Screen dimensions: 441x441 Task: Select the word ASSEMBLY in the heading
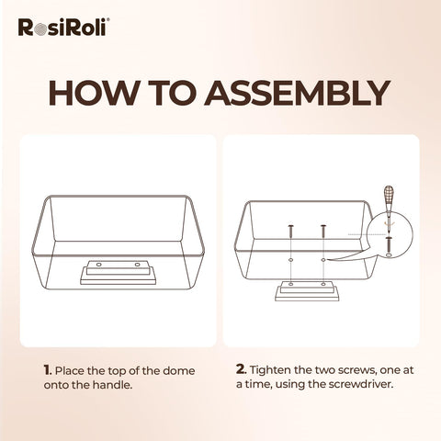pyautogui.click(x=300, y=95)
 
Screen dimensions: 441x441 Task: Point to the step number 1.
pyautogui.click(x=46, y=369)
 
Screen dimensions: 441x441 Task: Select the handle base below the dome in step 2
pyautogui.click(x=308, y=292)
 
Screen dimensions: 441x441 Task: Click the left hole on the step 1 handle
pyautogui.click(x=96, y=266)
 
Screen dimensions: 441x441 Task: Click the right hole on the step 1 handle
pyautogui.click(x=139, y=266)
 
